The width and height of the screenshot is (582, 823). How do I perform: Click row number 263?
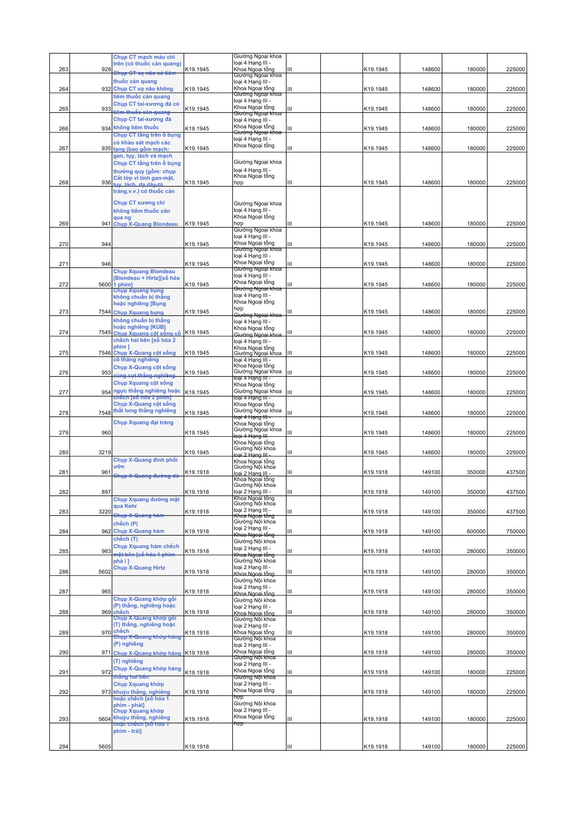tap(63, 69)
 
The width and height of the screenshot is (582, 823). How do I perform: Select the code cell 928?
tap(106, 69)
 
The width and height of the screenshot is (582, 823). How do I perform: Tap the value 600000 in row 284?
tap(476, 531)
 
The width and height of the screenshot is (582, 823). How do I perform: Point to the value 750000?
tap(515, 531)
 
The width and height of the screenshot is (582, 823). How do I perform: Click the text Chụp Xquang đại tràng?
tap(143, 423)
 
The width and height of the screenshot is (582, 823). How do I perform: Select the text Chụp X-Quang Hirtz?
tap(139, 568)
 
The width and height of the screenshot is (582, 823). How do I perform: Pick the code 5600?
tap(105, 284)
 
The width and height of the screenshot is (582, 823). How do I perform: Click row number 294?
tap(63, 746)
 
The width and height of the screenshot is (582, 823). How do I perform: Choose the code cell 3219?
tap(105, 452)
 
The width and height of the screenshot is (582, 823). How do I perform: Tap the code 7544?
tap(105, 312)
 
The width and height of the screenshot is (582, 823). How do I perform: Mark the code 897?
tap(106, 492)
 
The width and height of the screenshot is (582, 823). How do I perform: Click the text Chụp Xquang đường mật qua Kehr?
tap(146, 503)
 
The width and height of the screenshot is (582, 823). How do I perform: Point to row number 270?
tap(63, 244)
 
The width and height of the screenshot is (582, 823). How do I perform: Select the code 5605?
tap(105, 746)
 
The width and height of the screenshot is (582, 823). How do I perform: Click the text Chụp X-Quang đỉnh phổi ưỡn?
tap(145, 463)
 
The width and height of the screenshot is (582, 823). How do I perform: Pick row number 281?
tap(63, 472)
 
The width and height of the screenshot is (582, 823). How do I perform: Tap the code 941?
tap(106, 223)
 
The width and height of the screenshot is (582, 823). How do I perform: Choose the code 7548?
tap(105, 413)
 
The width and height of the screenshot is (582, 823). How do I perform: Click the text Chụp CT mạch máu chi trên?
tap(147, 60)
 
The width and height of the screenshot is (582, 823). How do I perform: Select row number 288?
tap(63, 612)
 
